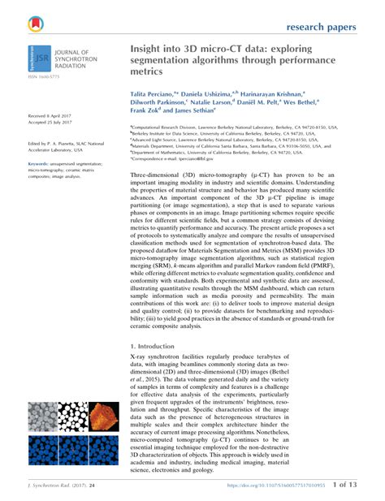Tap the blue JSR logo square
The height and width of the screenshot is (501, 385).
(x=35, y=59)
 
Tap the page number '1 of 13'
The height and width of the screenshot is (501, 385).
(x=340, y=485)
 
